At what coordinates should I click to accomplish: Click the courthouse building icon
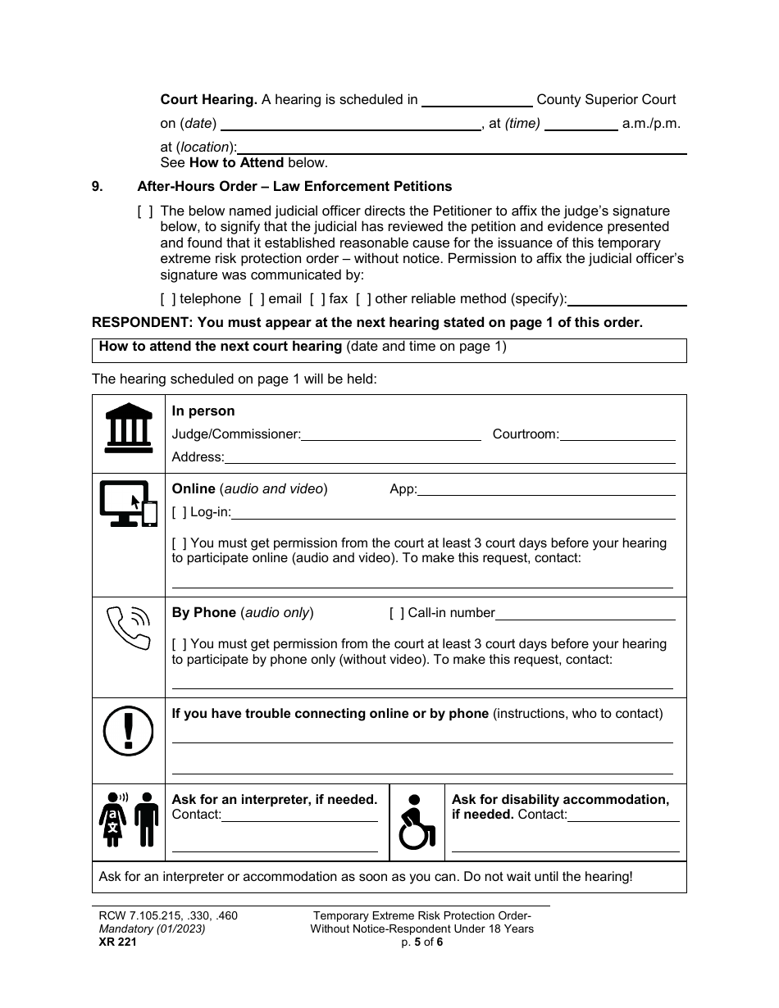coord(129,428)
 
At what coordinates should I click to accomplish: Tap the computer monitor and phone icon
coord(128,503)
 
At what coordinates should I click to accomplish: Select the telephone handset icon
coord(129,627)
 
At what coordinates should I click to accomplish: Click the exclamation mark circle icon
coord(129,730)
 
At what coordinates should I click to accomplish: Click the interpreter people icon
coord(128,820)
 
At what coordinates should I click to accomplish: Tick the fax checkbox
coord(317,299)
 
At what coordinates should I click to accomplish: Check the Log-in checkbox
coord(180,512)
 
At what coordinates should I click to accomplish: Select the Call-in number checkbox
coord(397,612)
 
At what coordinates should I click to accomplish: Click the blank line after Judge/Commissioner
coord(391,434)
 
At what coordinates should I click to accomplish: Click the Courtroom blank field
coord(617,434)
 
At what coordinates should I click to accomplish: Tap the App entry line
coord(546,490)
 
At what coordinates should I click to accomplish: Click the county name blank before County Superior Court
coord(476,100)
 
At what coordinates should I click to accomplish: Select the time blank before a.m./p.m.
coord(581,125)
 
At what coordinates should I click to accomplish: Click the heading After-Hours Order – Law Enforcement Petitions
coord(294,186)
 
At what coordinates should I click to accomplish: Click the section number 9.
coord(98,186)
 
